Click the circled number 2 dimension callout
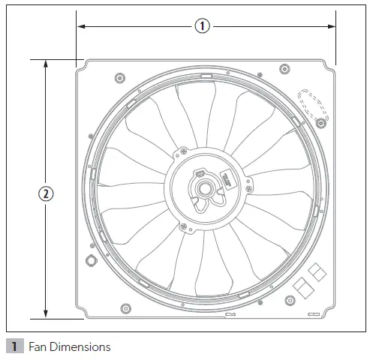coord(46,193)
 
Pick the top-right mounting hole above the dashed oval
coord(284,70)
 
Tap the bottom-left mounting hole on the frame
coord(125,307)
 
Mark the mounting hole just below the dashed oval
coord(320,122)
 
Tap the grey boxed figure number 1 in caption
coord(14,347)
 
